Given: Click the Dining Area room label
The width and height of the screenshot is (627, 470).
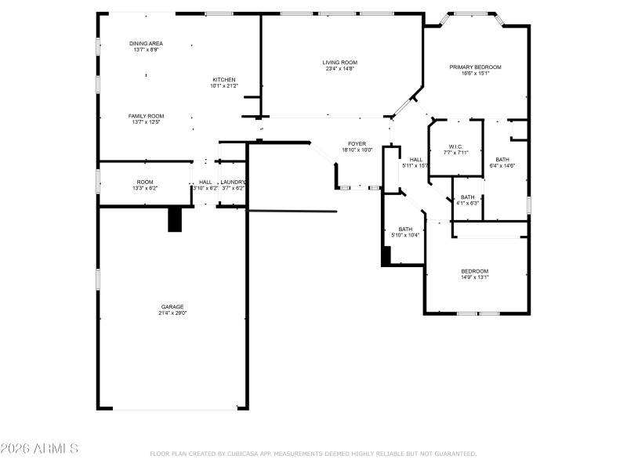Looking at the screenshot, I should tap(146, 43).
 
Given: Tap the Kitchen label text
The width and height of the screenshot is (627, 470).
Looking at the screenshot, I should tap(223, 80).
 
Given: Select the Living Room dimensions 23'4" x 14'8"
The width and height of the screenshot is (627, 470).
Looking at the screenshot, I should tap(340, 69).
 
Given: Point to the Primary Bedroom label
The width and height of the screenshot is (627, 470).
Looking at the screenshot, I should tap(475, 67).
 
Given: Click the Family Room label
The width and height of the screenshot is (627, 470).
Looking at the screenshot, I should tap(146, 115).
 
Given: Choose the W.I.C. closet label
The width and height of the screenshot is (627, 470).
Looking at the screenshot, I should tap(455, 146).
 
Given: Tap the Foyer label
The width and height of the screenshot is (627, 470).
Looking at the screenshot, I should tap(357, 143).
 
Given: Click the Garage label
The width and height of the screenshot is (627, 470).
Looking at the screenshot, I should tap(172, 306).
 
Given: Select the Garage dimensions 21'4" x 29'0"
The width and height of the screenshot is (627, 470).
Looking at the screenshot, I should tap(172, 313).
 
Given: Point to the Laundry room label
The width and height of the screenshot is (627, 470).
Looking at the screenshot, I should tap(234, 182).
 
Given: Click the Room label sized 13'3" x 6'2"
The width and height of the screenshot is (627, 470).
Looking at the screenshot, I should tap(145, 182).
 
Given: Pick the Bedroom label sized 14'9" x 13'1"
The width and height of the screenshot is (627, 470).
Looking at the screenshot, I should tap(474, 271).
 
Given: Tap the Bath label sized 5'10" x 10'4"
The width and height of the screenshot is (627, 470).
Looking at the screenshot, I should tap(405, 229).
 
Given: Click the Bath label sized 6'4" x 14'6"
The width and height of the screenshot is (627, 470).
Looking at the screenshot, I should tap(502, 159).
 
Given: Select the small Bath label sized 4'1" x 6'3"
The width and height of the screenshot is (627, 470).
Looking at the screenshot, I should tap(467, 197).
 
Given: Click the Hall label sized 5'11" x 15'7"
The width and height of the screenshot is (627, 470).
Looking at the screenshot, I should tap(415, 159).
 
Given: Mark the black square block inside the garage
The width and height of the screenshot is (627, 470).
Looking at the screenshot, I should tap(175, 220).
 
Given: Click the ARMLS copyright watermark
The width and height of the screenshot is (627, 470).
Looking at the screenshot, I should tap(39, 449).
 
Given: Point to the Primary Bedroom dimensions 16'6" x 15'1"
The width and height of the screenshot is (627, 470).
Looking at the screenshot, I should tap(475, 74).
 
